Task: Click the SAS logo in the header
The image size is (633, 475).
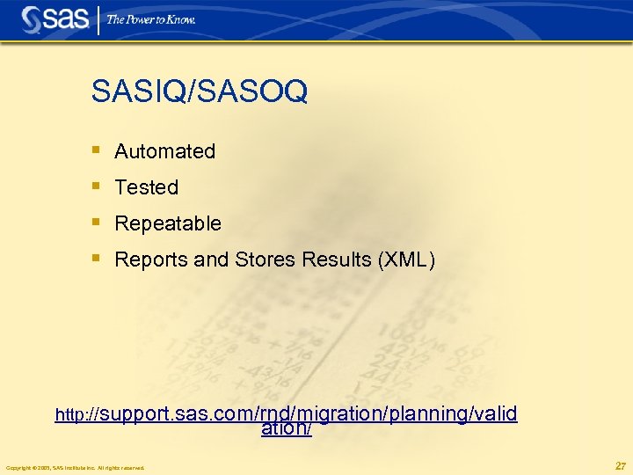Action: (55, 19)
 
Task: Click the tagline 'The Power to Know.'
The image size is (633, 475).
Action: (151, 19)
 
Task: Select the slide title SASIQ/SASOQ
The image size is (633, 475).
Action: (199, 91)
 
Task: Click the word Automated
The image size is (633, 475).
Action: (164, 151)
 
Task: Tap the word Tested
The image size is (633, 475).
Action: (146, 187)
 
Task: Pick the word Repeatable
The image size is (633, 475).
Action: (168, 223)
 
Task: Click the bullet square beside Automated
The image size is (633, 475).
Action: (97, 150)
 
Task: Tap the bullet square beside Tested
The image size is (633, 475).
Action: (97, 186)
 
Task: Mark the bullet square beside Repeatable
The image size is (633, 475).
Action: (97, 223)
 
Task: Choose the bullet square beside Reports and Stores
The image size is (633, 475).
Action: (97, 259)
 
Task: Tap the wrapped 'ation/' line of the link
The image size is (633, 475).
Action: (287, 428)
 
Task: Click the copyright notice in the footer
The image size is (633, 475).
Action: (75, 467)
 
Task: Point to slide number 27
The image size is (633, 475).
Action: (620, 465)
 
